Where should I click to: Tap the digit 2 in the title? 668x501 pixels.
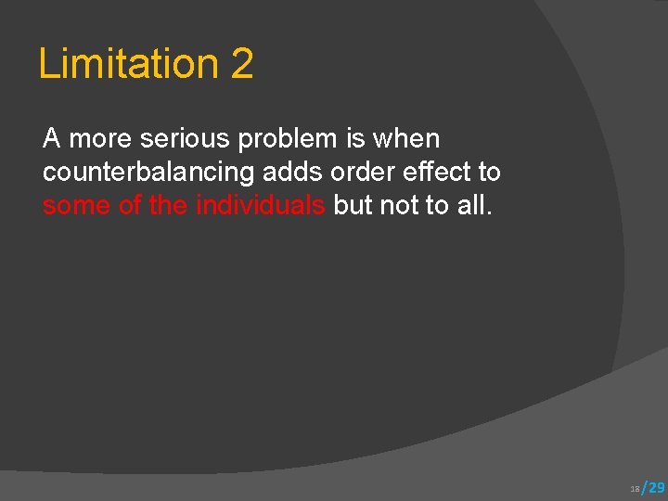[x=241, y=64]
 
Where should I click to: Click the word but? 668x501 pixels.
[x=353, y=206]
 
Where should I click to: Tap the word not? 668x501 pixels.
[x=400, y=206]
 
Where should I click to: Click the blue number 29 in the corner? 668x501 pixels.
[x=654, y=487]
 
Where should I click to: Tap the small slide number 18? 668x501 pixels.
[x=635, y=488]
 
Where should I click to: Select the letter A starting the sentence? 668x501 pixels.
[x=52, y=139]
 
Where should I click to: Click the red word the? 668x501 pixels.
[x=168, y=206]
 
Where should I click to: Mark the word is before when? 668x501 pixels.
[x=355, y=139]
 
